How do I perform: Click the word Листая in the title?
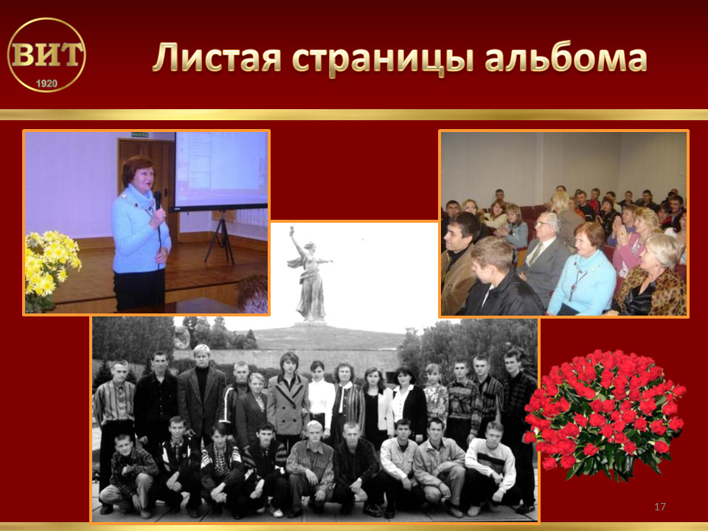pos(217,58)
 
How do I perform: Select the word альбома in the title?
pos(566,57)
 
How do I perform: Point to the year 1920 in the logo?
pos(46,83)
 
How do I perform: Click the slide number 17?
pos(659,506)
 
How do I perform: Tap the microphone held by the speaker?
pos(158,200)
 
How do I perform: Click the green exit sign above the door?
pos(140,134)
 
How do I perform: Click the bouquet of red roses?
pos(605,414)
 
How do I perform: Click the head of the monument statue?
pos(309,246)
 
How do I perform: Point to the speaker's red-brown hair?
pos(136,170)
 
